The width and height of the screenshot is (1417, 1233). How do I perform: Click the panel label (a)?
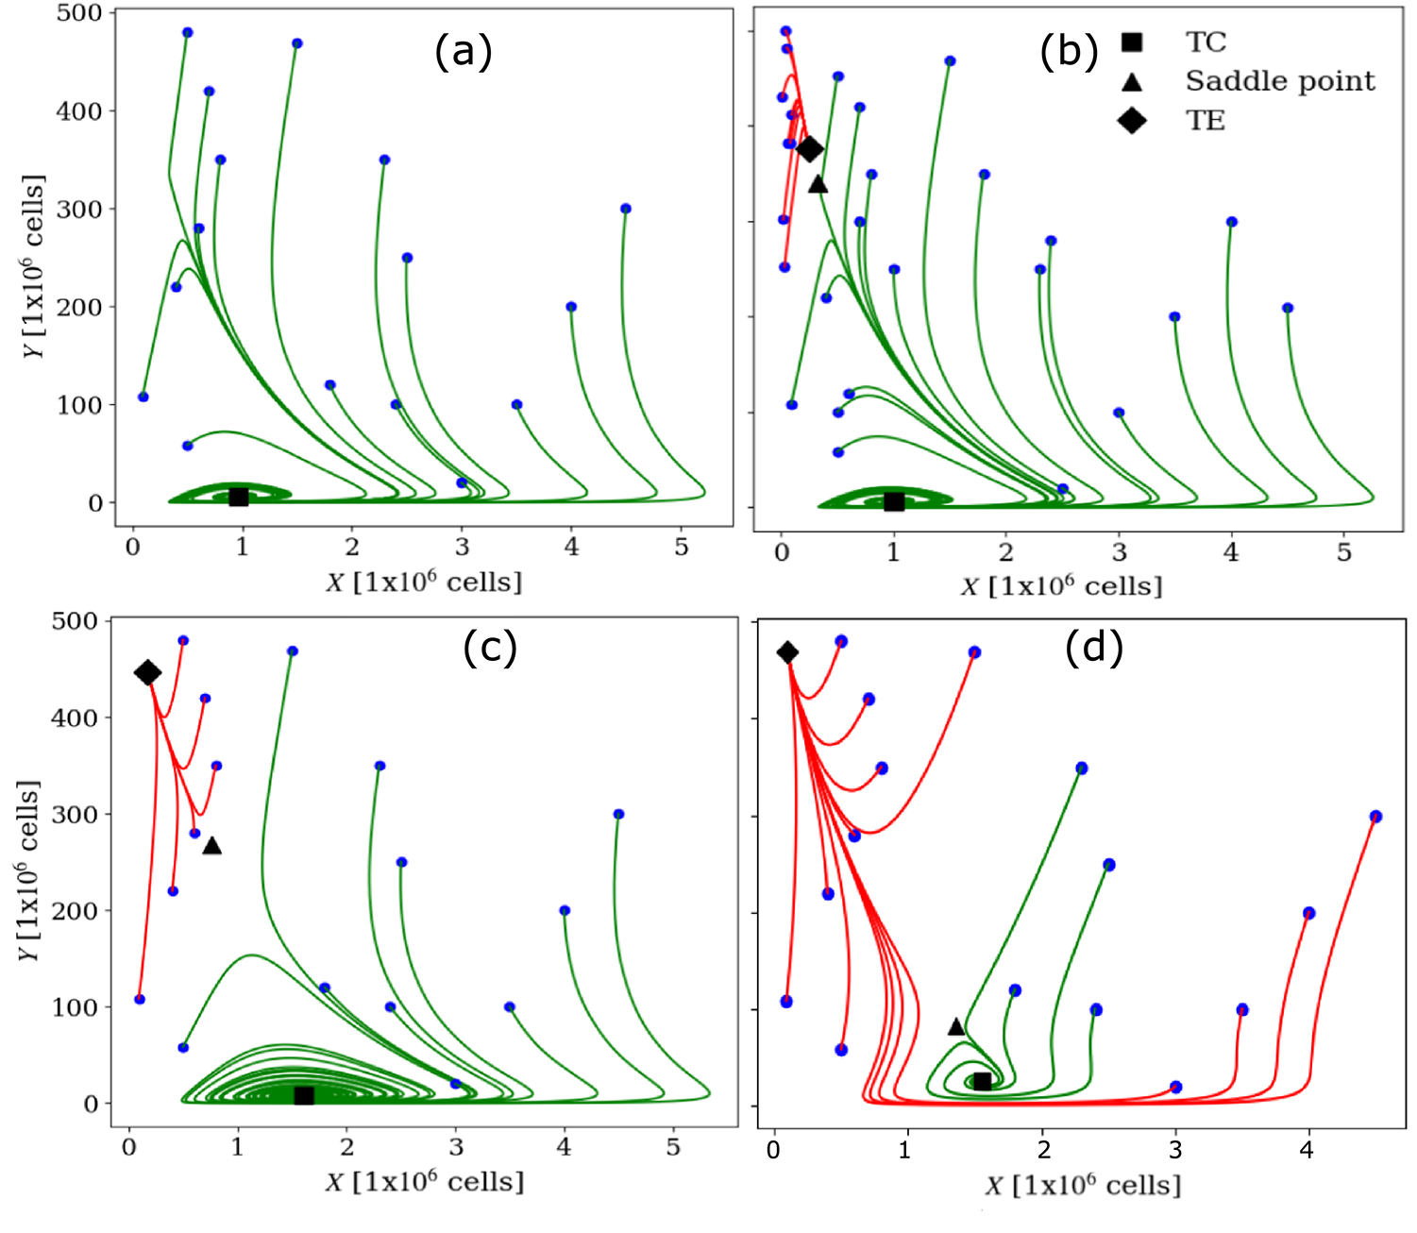[x=463, y=53]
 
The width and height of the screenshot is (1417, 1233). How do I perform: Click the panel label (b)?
[x=1069, y=53]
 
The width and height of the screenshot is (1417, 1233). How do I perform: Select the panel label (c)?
[x=490, y=649]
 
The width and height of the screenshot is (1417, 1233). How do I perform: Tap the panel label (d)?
[x=1093, y=649]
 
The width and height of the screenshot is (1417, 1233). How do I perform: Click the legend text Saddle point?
[x=1280, y=81]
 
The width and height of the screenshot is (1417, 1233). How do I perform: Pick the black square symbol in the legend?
[x=1131, y=42]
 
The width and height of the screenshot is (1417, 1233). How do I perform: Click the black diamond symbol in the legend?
[x=1131, y=121]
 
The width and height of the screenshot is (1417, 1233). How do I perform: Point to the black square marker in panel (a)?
[x=239, y=497]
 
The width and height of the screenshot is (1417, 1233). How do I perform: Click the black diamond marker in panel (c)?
[x=147, y=672]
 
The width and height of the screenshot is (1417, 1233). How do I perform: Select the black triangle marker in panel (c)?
[x=212, y=846]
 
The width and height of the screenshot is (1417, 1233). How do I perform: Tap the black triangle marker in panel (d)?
[x=956, y=1026]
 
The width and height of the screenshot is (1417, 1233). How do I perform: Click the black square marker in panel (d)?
[x=982, y=1082]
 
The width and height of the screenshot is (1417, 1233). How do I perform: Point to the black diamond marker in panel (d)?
[x=787, y=652]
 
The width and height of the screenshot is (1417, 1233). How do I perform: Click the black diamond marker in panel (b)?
[x=810, y=149]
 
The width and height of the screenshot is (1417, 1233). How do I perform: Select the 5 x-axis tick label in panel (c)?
[x=672, y=1148]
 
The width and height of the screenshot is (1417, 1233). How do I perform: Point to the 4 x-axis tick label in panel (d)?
[x=1307, y=1149]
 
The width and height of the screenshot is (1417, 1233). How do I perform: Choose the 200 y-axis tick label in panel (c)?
[x=75, y=911]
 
